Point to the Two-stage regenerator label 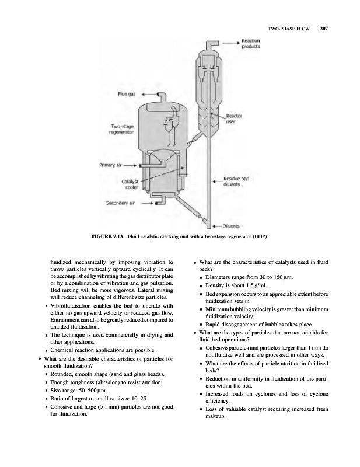click(121, 130)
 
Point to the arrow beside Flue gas click(149, 93)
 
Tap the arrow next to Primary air click(138, 166)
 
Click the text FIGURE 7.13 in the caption click(108, 236)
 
